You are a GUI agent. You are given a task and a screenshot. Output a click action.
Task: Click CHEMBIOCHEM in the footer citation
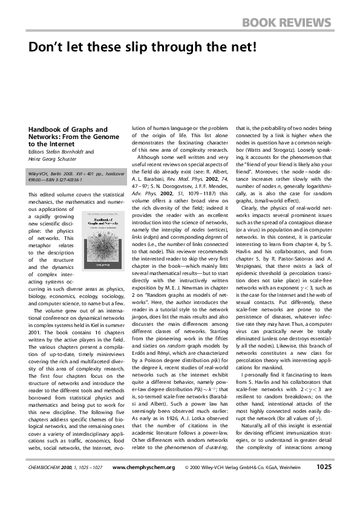[48, 484]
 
